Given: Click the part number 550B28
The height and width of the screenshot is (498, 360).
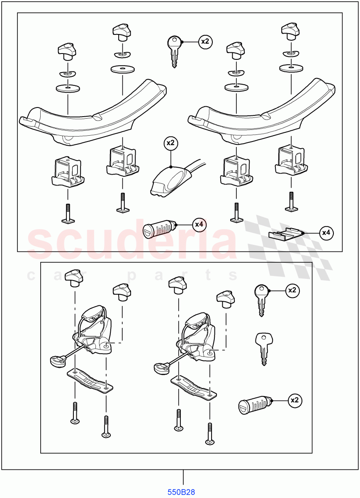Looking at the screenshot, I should click(181, 493).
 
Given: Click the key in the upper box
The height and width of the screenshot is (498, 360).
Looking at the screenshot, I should click(174, 51).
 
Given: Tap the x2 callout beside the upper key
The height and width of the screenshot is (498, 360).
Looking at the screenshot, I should click(205, 42).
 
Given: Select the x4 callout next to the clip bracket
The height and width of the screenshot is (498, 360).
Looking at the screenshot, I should click(326, 233).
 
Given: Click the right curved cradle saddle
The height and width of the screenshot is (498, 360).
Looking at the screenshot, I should click(261, 110).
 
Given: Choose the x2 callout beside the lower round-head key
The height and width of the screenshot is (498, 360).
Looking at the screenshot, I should click(293, 290).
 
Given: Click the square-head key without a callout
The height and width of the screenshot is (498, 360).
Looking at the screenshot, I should click(263, 348).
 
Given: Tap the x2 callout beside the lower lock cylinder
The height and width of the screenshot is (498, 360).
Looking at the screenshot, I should click(294, 400).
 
